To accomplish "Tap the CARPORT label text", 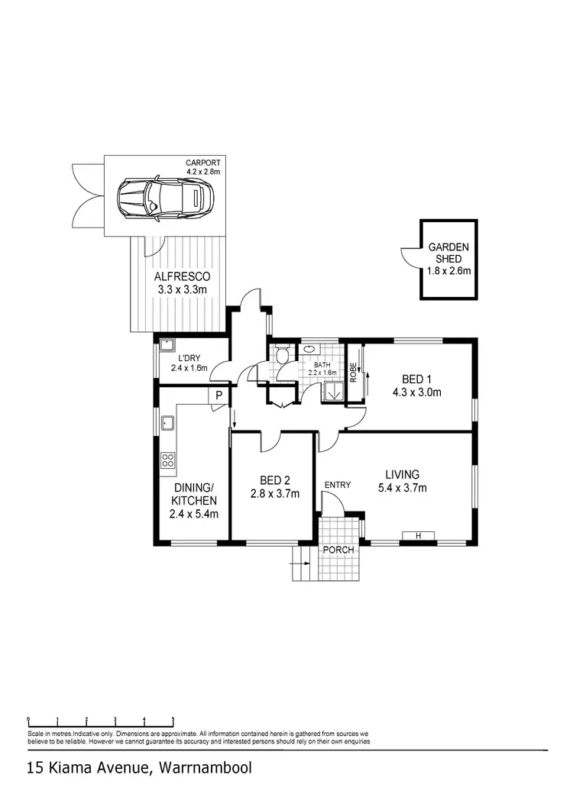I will (x=202, y=163).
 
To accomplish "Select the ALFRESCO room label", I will (x=182, y=276).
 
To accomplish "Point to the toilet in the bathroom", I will (x=282, y=354).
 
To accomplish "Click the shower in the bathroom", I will (x=332, y=392).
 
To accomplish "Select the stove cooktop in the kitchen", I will (x=167, y=460).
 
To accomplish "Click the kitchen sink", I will (x=167, y=424).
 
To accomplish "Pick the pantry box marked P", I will (x=219, y=395).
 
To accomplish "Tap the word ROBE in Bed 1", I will (x=353, y=372).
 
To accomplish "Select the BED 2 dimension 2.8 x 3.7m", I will (x=274, y=493).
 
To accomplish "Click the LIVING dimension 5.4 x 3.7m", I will (x=401, y=488).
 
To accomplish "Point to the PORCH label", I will (x=338, y=550).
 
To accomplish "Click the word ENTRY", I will (x=338, y=486).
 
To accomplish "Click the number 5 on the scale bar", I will (x=173, y=719).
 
